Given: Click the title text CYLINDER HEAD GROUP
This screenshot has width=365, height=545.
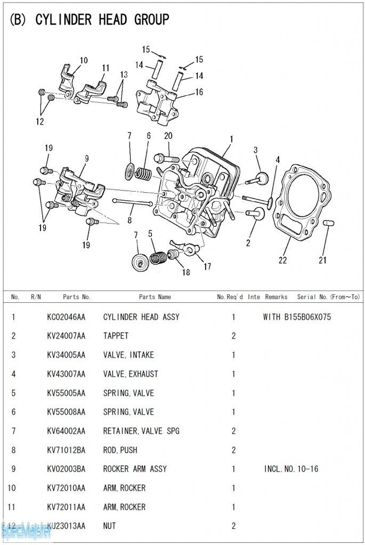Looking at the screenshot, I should [102, 20].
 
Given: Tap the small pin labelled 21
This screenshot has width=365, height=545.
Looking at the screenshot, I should [328, 221].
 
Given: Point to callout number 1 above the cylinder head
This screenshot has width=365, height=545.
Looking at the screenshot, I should [232, 139].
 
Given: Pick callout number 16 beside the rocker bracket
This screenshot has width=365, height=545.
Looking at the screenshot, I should [199, 92].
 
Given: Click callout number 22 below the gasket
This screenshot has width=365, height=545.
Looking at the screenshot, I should [283, 260].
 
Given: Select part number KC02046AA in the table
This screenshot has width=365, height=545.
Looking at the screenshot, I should [66, 317].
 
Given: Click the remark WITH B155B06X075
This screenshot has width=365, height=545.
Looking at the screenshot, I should [297, 317].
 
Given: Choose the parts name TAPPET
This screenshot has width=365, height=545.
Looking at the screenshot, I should [116, 336].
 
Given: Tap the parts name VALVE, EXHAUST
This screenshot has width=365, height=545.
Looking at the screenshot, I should [131, 374].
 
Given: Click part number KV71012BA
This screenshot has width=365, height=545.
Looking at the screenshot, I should [66, 450].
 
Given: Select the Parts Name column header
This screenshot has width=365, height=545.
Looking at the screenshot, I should [155, 297].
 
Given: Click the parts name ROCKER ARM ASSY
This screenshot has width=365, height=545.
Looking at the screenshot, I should [135, 469].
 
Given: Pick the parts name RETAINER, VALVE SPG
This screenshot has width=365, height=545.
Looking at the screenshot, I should [141, 431].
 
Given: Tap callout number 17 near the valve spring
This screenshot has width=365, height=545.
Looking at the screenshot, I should [207, 266].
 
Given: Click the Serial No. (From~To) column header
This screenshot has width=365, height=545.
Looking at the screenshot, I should [328, 297].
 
